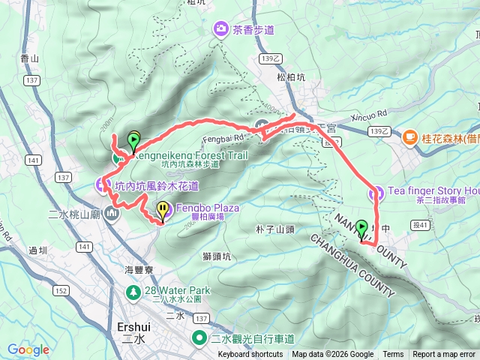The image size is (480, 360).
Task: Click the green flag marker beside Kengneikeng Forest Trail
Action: [x=134, y=140]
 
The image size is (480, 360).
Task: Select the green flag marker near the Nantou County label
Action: [x=362, y=228]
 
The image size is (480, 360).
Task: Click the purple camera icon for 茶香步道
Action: [x=222, y=29]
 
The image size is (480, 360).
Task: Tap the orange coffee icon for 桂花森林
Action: [x=409, y=137]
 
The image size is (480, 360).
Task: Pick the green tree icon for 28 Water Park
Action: [x=133, y=290]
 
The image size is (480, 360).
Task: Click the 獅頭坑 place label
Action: [x=217, y=257]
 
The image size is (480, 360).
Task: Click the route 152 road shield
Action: [x=61, y=290]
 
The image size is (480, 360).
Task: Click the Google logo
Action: [x=28, y=349]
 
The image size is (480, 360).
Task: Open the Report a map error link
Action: [x=444, y=355]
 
